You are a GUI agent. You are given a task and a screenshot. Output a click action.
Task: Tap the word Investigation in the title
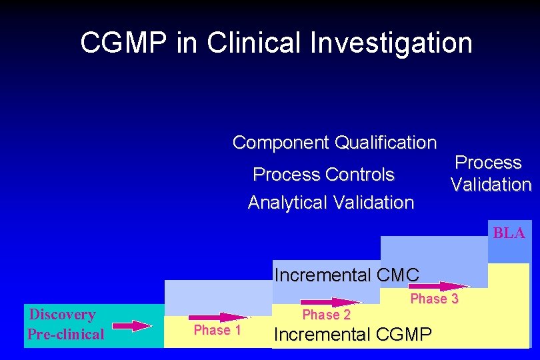coord(391,43)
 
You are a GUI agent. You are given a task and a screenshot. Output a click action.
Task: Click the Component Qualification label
coord(335,143)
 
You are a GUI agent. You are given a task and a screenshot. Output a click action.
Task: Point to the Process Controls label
coord(324,175)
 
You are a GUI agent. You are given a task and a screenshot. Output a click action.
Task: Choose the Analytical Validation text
coord(331,202)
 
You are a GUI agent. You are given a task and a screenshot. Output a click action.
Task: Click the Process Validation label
coord(490,173)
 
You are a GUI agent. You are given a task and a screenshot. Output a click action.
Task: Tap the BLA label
coord(509,233)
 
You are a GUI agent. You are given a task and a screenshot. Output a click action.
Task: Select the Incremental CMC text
coord(347,275)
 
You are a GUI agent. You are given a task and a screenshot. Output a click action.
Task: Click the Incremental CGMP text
coord(353,334)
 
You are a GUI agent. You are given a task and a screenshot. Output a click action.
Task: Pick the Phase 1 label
coord(217,330)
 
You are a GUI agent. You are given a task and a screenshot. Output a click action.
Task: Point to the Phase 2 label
coord(327,315)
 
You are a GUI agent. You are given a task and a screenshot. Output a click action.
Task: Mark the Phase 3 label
coord(435,299)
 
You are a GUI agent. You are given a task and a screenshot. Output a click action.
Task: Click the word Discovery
coord(63,314)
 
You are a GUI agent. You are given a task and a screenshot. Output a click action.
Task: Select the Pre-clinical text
coord(66,334)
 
